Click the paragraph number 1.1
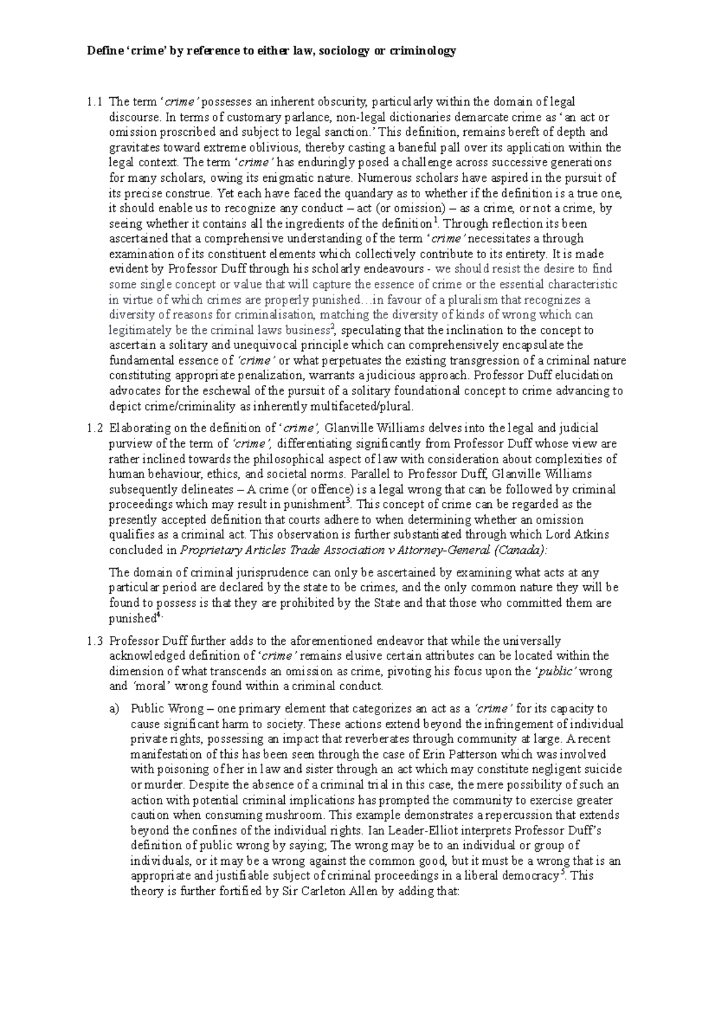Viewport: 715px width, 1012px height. [94, 102]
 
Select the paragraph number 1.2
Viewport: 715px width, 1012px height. [94, 428]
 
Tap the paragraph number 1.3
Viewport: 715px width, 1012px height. [94, 641]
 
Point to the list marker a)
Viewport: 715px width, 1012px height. [114, 709]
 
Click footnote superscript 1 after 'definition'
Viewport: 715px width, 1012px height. [434, 221]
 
